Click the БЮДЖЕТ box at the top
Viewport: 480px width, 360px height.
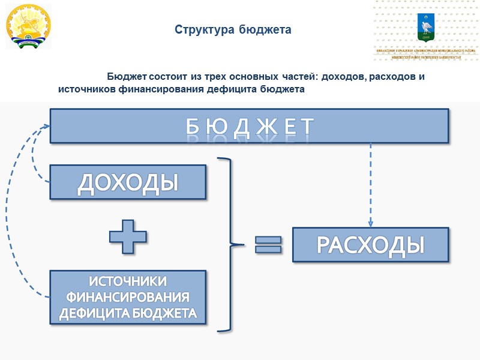(249, 126)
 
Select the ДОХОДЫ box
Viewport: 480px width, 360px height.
(128, 182)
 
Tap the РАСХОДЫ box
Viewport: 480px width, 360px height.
(370, 245)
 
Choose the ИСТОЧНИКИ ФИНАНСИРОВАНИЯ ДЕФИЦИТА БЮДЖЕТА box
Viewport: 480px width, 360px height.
(128, 298)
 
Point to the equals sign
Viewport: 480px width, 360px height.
(268, 245)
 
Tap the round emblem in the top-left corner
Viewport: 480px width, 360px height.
(28, 26)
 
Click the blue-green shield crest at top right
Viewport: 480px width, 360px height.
(427, 28)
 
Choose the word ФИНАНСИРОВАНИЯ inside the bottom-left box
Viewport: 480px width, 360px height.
(128, 298)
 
